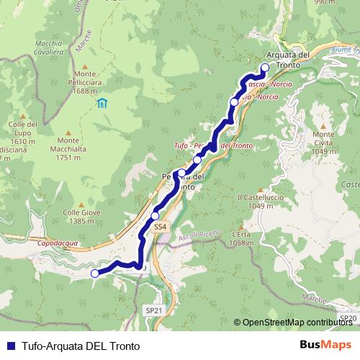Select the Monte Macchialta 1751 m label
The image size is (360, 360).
[71, 148]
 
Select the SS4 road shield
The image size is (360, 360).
[161, 226]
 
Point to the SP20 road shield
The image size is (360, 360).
[348, 318]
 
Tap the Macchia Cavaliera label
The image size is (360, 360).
[49, 48]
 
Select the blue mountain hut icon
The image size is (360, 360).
[102, 103]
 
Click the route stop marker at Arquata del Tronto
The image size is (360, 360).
[264, 68]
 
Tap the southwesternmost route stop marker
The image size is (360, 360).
[94, 273]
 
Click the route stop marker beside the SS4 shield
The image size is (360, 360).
[155, 215]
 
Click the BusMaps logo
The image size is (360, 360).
[325, 345]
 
